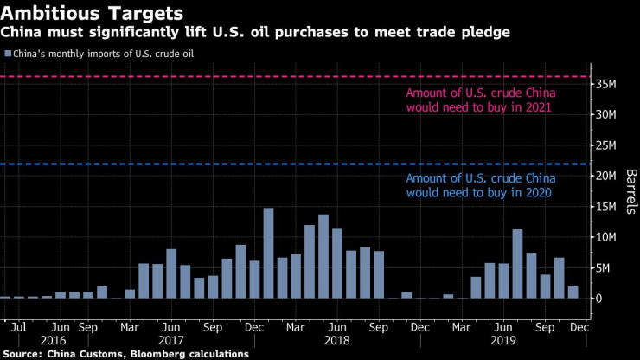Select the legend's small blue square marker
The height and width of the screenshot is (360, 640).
[8, 54]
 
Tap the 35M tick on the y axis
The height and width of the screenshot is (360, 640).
[605, 84]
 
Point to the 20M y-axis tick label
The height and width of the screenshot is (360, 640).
[605, 176]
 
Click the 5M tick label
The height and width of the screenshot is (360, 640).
[603, 267]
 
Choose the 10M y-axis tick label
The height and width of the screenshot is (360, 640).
[605, 237]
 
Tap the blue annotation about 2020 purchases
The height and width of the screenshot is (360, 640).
[481, 185]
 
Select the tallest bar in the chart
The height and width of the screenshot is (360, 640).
[268, 253]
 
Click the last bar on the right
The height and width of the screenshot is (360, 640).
[573, 292]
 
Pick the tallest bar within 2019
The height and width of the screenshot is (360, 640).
[517, 263]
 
